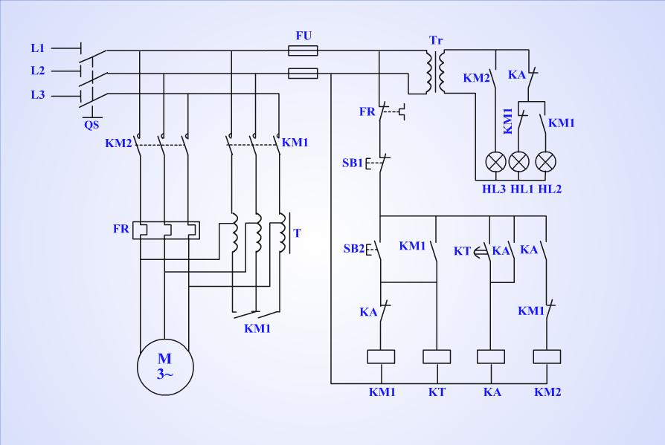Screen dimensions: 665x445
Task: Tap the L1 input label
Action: [38, 48]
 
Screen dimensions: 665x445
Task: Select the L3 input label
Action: [38, 95]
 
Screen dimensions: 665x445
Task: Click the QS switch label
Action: [91, 125]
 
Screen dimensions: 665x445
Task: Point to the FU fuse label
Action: [303, 36]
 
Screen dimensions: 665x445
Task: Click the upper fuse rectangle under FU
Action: [303, 51]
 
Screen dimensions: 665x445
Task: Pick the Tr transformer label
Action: [436, 40]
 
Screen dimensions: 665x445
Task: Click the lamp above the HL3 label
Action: [496, 161]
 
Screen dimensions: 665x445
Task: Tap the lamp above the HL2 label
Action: [546, 161]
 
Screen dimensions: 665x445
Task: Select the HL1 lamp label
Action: [521, 189]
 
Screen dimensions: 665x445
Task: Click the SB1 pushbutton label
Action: [353, 163]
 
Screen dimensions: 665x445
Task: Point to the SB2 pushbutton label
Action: [354, 249]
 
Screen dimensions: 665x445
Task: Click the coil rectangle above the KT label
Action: [437, 357]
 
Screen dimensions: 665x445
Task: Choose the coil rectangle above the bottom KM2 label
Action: [547, 357]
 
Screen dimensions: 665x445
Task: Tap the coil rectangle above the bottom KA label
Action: [491, 357]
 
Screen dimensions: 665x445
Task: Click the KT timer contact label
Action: [462, 251]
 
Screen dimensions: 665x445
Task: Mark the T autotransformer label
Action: [297, 233]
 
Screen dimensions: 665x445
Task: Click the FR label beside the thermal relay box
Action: [121, 229]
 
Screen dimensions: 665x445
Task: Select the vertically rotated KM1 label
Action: [507, 122]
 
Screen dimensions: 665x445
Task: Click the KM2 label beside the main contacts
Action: [118, 143]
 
